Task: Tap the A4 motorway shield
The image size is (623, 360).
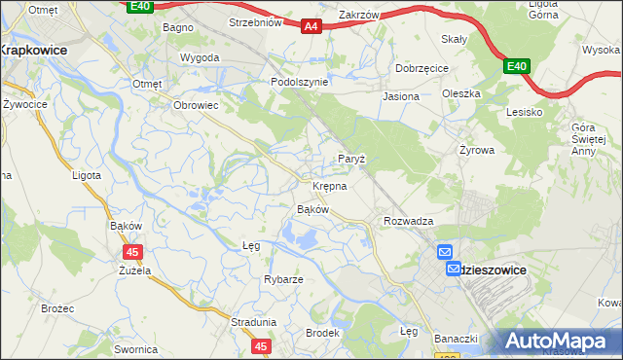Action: click(x=311, y=26)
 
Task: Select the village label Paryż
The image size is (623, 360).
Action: click(x=350, y=159)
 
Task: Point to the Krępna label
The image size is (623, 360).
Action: click(x=330, y=185)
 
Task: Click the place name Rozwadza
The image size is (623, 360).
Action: click(x=408, y=222)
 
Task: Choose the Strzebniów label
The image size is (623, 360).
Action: click(x=254, y=22)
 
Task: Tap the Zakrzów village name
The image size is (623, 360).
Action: click(x=358, y=16)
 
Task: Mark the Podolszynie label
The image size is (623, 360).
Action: click(x=299, y=83)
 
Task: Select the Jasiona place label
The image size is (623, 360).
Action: click(x=401, y=97)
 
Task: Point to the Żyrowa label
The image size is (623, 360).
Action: click(x=477, y=151)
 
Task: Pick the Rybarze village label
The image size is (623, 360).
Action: click(x=283, y=279)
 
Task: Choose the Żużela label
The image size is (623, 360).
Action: click(x=134, y=270)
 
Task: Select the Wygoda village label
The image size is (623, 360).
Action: click(x=200, y=57)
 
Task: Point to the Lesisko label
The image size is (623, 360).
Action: click(x=524, y=112)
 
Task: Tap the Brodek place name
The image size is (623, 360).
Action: click(x=322, y=333)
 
